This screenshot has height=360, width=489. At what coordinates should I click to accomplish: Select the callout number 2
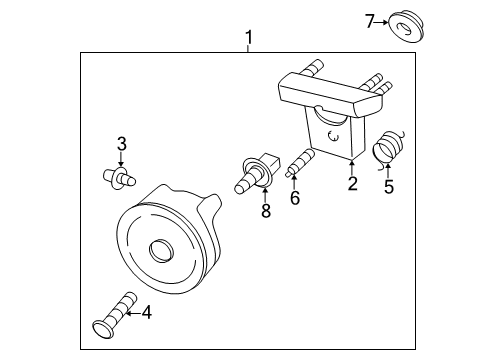coord(352,183)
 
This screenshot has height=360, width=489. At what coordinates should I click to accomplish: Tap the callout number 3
coord(121,144)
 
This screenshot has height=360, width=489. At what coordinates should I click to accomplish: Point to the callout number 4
coord(146,313)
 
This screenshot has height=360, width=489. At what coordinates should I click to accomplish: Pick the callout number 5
coord(389,185)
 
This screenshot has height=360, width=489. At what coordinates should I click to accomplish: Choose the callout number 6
coord(294,199)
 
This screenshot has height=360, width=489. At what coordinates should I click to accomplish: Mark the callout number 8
coord(265,212)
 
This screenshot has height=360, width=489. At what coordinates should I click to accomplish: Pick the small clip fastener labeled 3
coord(118,178)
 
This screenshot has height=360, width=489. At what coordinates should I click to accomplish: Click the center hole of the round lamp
coord(159,249)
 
